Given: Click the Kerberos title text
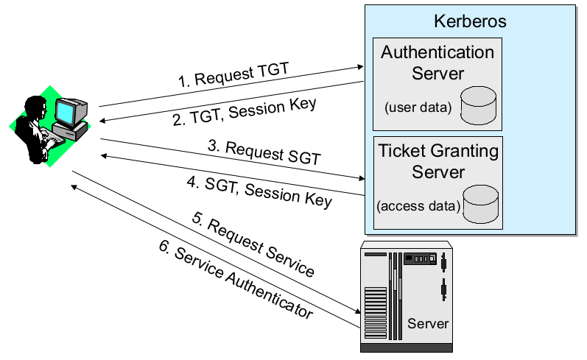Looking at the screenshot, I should pyautogui.click(x=471, y=21).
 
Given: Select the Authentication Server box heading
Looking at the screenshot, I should pyautogui.click(x=437, y=63).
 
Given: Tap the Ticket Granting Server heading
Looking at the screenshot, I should pyautogui.click(x=437, y=161).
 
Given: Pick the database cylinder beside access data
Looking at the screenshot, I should pyautogui.click(x=479, y=204).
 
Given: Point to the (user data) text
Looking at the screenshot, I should pyautogui.click(x=417, y=107).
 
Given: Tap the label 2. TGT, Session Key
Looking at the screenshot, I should pyautogui.click(x=245, y=112).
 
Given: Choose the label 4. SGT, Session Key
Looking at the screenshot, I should pyautogui.click(x=259, y=189).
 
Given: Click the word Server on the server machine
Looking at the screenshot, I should pyautogui.click(x=428, y=323).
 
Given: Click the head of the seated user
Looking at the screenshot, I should pyautogui.click(x=32, y=104).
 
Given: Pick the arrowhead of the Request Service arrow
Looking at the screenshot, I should pyautogui.click(x=356, y=312).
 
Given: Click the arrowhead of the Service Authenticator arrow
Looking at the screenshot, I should pyautogui.click(x=75, y=186).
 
